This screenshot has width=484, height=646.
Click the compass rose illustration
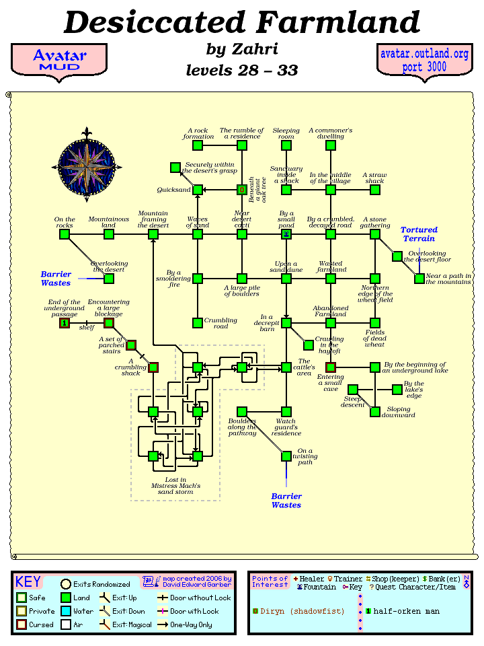click(x=86, y=163)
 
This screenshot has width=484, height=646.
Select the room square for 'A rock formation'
click(x=198, y=145)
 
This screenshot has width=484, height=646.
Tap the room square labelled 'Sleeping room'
click(x=286, y=145)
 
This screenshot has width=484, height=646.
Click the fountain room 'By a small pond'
click(x=286, y=234)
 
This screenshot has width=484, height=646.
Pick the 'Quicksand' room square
click(x=198, y=190)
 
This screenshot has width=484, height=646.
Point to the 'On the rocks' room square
click(x=65, y=234)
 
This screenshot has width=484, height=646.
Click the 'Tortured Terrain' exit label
click(x=419, y=234)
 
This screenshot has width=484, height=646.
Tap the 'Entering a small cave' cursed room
click(x=331, y=367)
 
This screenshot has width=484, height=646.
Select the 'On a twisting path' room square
click(x=286, y=456)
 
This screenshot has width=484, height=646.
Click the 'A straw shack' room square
click(x=375, y=190)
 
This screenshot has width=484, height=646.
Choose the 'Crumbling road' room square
click(x=198, y=323)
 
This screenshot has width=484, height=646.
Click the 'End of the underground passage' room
click(x=65, y=323)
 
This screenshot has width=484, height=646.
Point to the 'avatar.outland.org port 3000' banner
click(x=424, y=61)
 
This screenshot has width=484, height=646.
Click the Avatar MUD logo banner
click(x=59, y=60)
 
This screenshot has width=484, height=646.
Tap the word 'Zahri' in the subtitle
click(x=255, y=49)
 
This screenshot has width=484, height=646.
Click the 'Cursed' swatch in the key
click(x=22, y=624)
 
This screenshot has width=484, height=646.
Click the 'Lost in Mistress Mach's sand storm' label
click(x=175, y=486)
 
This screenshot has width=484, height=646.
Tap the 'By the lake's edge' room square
click(x=397, y=389)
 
